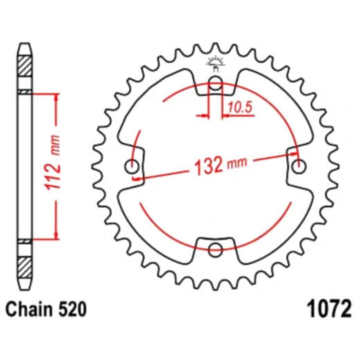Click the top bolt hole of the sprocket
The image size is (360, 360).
215,85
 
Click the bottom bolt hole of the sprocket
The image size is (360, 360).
215,249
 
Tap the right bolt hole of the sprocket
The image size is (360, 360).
298,167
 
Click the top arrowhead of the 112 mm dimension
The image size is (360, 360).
52,97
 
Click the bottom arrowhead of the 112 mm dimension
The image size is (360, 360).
52,235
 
